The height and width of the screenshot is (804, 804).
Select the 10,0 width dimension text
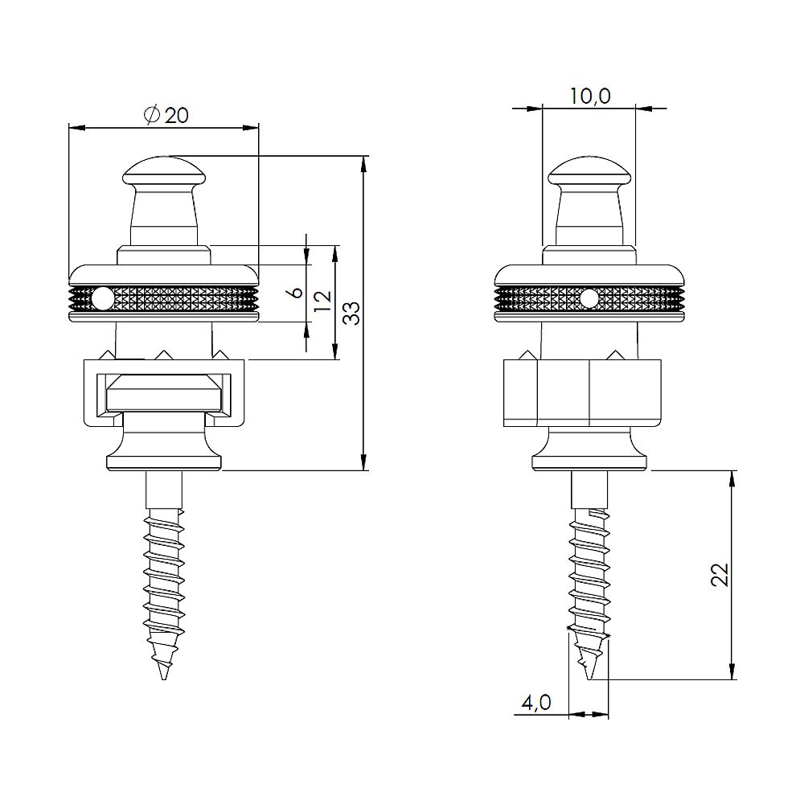pos(591,96)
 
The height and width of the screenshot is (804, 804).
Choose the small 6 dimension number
pos(297,293)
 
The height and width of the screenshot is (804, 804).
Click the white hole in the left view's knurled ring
pos(102,299)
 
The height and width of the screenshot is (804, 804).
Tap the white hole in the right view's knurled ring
pos(589,299)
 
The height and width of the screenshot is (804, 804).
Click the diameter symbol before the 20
pos(152,116)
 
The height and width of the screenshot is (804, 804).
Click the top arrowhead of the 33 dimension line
pos(365,162)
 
